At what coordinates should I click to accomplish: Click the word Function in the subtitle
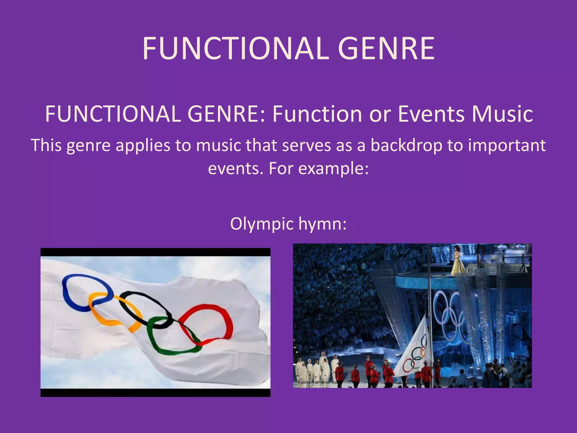[317, 114]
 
